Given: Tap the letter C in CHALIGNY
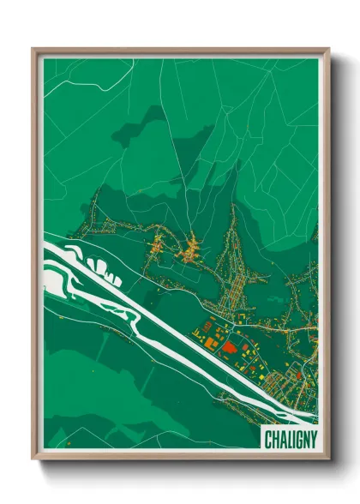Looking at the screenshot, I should click(x=267, y=437).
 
